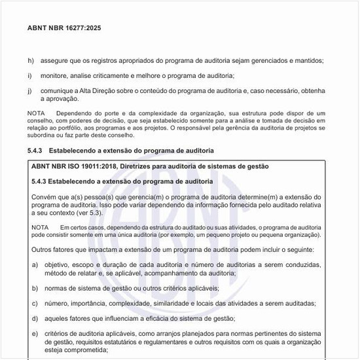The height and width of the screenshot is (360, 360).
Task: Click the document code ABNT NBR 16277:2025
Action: pos(64,29)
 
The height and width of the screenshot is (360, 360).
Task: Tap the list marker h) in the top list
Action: pos(30,61)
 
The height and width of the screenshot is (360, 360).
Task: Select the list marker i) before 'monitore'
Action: pos(29,76)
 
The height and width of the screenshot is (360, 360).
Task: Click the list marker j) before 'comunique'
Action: pos(29,90)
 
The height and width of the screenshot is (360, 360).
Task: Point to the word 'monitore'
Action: pos(54,76)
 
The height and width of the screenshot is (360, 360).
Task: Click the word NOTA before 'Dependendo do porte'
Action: pos(37,114)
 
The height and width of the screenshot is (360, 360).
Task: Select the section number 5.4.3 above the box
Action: pos(39,151)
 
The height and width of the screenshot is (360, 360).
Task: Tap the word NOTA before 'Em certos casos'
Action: pos(40,226)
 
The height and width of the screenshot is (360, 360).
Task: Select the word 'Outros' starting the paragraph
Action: pos(44,250)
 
